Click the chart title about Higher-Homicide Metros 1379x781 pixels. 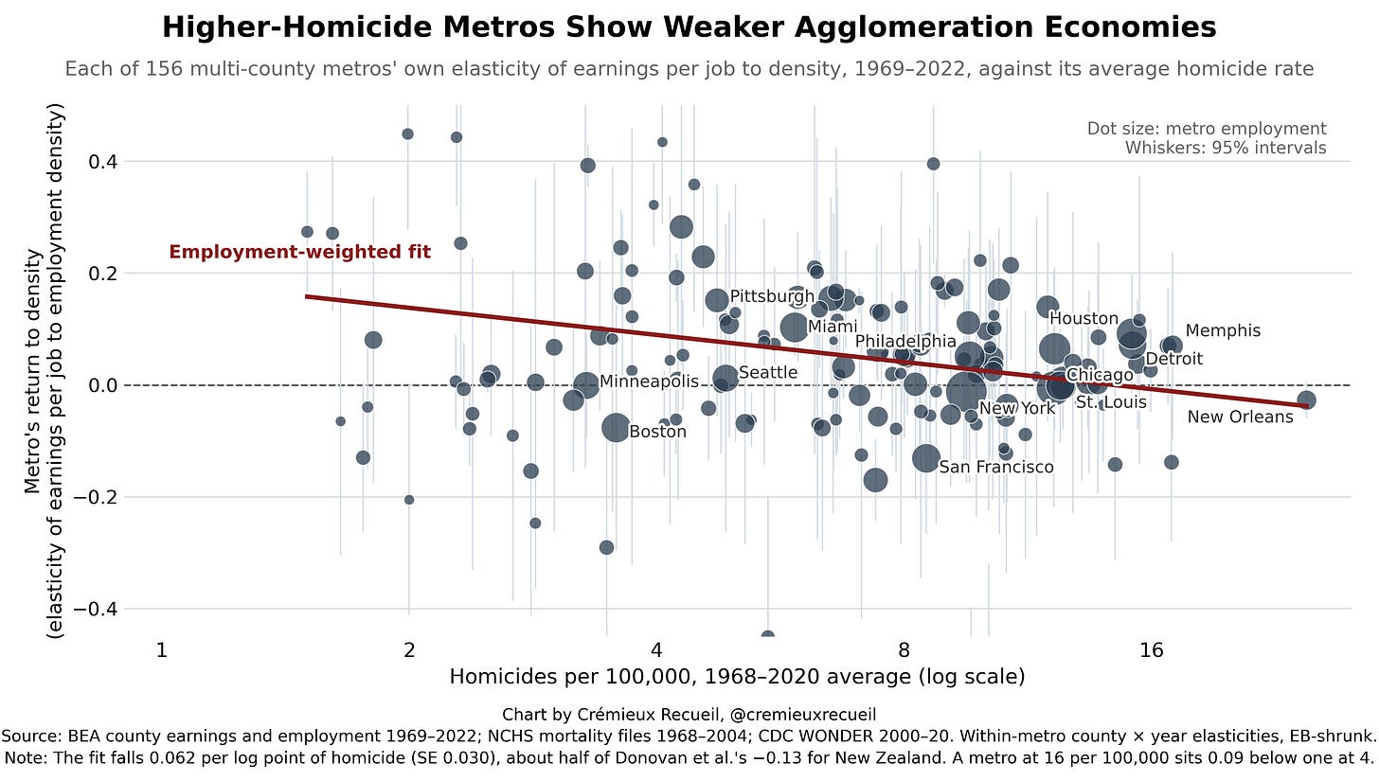pos(689,27)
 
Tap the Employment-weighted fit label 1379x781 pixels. pos(300,253)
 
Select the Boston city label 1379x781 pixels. pos(657,432)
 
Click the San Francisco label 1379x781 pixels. pos(996,467)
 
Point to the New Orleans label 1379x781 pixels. pos(1240,417)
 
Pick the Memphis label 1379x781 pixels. pos(1223,330)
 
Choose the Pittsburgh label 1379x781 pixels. pos(772,296)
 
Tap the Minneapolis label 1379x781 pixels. pos(649,382)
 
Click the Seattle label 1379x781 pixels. pos(768,372)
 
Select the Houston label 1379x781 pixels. pos(1083,318)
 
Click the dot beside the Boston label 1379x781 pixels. pos(615,427)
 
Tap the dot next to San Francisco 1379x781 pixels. pos(925,458)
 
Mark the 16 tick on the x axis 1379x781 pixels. pos(1152,650)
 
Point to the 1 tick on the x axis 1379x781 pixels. pos(162,650)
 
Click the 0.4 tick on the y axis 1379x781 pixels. pos(103,162)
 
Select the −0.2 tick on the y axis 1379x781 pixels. pos(97,497)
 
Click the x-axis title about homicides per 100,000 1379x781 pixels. pos(737,676)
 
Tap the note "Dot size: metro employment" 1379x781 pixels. pos(1206,129)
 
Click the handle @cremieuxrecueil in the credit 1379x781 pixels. pos(802,715)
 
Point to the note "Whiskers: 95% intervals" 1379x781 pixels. pos(1226,149)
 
